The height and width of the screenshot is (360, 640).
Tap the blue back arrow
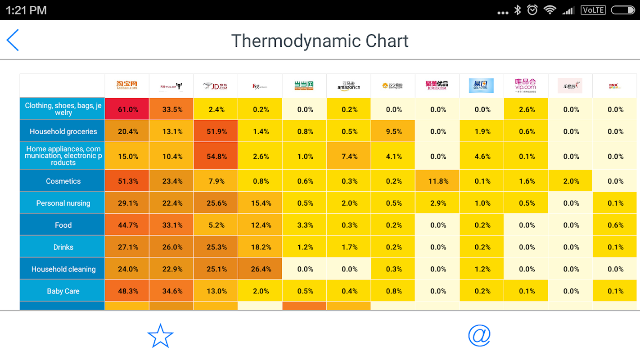pos(13,40)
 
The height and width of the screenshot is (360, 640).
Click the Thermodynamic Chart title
pos(320,41)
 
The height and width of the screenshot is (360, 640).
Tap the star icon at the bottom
pos(160,336)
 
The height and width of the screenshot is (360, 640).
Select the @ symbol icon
pos(479,335)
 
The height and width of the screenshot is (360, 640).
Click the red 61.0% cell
pos(127,109)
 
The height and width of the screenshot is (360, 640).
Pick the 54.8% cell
pos(216,157)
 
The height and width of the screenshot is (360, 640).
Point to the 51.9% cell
pos(216,131)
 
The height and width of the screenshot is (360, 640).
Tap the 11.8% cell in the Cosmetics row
pos(437,181)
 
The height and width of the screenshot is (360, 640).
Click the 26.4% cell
pos(260,269)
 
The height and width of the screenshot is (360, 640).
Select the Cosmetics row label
pos(63,181)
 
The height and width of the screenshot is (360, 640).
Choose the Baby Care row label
pos(63,291)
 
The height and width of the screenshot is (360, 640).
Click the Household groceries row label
pos(63,131)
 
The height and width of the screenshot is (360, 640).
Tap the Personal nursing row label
pos(63,203)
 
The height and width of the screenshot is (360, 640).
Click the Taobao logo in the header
pos(126,85)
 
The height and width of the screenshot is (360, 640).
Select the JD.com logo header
pos(215,86)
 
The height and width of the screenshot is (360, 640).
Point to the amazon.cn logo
pos(349,85)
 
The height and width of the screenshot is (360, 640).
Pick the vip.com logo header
pos(526,85)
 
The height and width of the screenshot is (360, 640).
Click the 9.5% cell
pos(393,131)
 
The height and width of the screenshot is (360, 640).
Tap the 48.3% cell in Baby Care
pos(127,291)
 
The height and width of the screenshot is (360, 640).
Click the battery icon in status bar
pos(622,10)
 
